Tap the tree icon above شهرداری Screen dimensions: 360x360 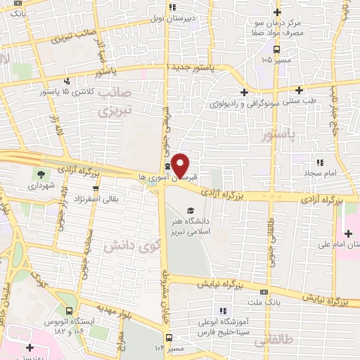click(41, 173)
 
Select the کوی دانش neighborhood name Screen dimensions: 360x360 click(131, 245)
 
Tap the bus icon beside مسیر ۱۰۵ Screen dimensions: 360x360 click(277, 49)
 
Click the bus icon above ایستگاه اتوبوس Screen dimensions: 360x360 click(69, 310)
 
